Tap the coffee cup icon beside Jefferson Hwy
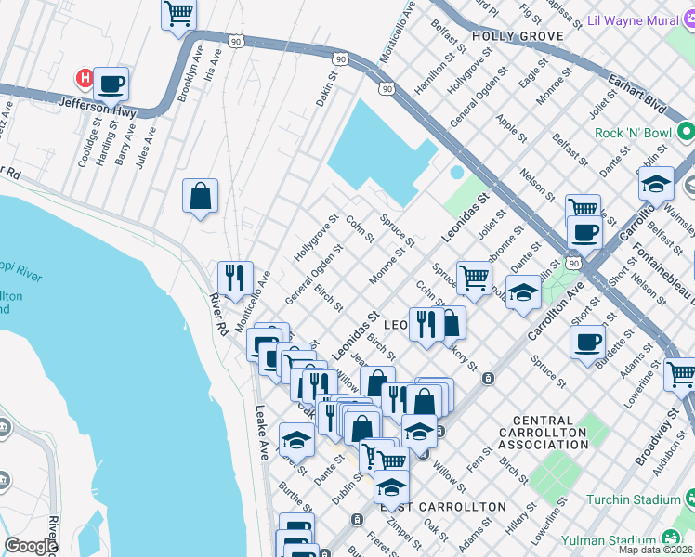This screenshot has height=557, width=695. click(x=111, y=84)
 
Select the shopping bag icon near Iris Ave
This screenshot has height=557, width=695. click(x=200, y=196)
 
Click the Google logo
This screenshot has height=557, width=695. click(x=31, y=546)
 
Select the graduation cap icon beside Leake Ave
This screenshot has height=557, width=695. click(x=296, y=440)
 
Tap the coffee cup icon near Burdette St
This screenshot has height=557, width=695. click(x=587, y=341)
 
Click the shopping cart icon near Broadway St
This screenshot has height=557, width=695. click(x=680, y=374)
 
